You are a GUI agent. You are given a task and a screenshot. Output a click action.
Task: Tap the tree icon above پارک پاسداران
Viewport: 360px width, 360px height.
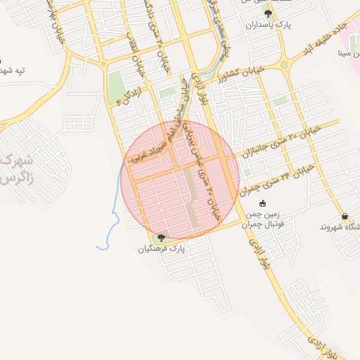coord(266,13)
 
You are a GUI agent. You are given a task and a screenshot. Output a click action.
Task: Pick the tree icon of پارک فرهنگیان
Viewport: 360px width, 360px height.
coord(162,238)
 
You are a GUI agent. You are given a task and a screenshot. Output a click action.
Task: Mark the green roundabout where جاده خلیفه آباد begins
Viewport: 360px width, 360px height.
coord(284,65)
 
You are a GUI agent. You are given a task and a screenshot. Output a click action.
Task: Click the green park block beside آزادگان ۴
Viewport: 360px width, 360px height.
coord(115,86)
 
